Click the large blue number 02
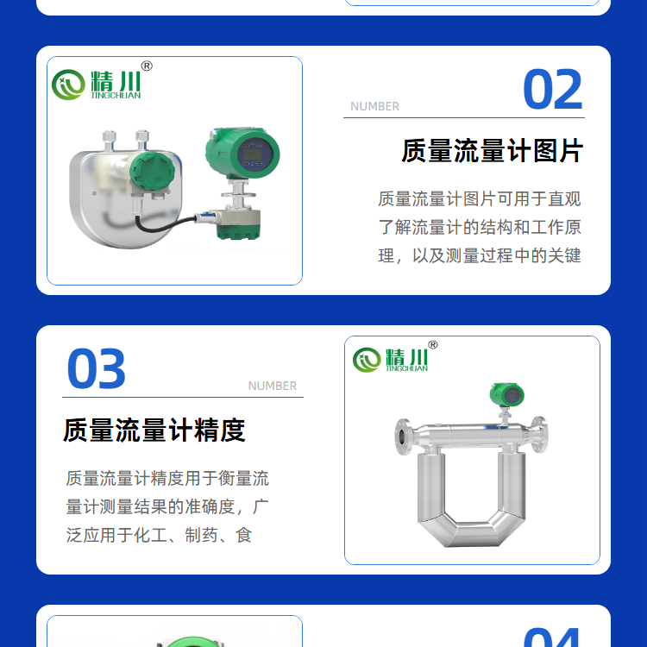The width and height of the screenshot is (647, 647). pos(552,89)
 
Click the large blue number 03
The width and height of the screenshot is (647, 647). pos(96,368)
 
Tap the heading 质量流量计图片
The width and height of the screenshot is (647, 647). pos(492,151)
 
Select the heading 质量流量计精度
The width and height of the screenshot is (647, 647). pos(154,430)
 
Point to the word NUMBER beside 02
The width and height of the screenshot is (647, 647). pos(374,106)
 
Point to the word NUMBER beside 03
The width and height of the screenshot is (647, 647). pos(273,386)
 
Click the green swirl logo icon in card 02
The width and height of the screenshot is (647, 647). pos(68,85)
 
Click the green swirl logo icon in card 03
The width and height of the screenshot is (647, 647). pos(367,360)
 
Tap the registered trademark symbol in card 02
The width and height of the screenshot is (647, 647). pos(147,66)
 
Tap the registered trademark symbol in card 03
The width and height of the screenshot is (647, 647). pos(433,344)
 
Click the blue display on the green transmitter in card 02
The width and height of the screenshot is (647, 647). pos(254,154)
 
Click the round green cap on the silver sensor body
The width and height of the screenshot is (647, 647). pos(152,171)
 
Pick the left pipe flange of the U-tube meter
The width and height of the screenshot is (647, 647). pos(404,437)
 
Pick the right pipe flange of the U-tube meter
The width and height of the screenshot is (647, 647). pos(540,435)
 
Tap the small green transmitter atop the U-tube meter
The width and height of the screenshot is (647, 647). pos(507,395)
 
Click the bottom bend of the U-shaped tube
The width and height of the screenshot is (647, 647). pos(472,533)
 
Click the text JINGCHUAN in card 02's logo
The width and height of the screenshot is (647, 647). pos(116,95)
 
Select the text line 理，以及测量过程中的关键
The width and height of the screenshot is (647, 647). pos(480,256)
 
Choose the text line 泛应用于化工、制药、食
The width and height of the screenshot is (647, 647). pos(159,535)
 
